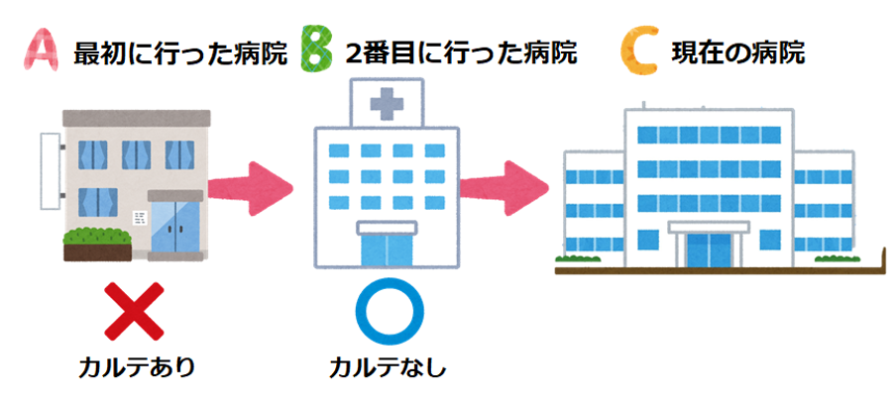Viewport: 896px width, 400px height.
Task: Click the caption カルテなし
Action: coord(389,369)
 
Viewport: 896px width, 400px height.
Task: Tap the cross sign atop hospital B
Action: coord(386,103)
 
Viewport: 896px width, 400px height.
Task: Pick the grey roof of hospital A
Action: coord(134,117)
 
